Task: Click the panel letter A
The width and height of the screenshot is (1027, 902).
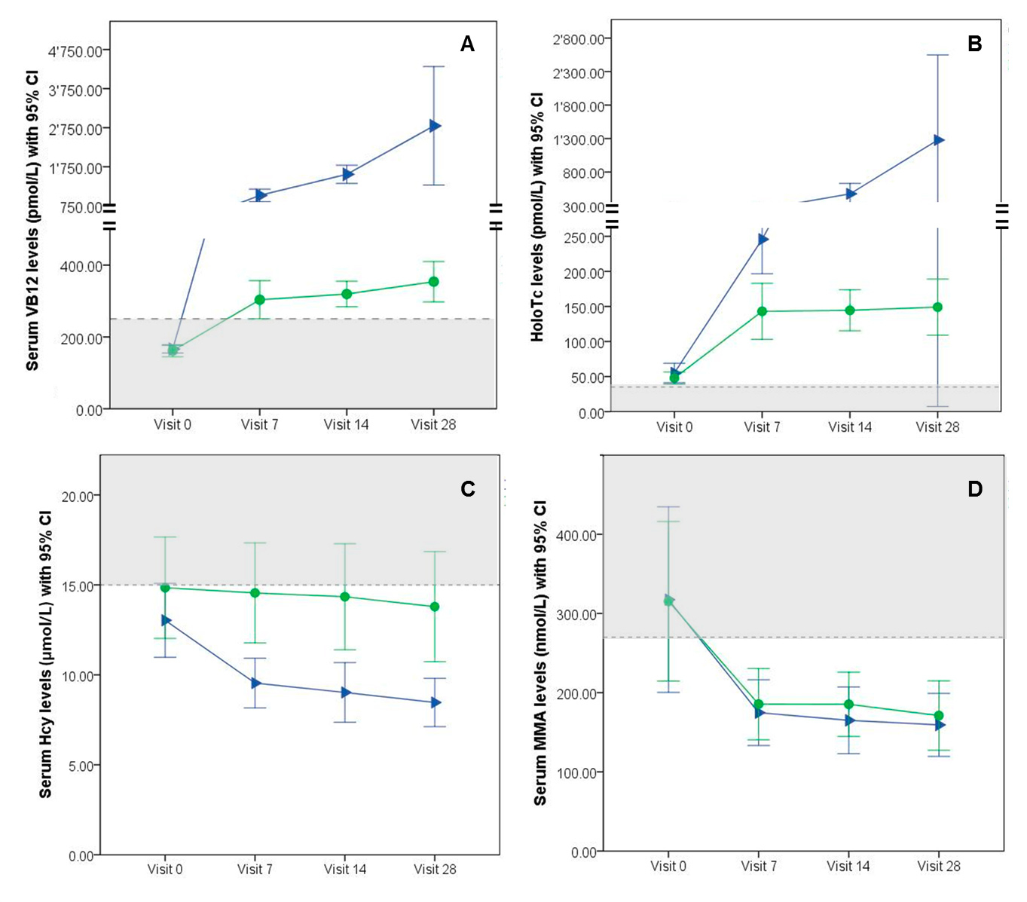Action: (467, 44)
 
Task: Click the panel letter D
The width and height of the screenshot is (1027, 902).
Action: (975, 489)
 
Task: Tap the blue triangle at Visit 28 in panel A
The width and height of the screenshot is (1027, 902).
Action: (435, 126)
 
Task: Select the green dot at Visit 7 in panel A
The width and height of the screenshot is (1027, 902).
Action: (259, 299)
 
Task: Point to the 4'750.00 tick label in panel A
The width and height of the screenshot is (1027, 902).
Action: (75, 51)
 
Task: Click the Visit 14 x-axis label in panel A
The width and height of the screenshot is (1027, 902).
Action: (346, 424)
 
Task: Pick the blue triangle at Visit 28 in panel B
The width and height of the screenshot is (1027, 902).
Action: (938, 140)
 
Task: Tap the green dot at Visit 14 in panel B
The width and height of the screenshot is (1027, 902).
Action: (850, 310)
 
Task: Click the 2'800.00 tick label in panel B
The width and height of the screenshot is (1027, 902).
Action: (579, 39)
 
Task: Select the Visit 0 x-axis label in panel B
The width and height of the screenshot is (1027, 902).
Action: (674, 427)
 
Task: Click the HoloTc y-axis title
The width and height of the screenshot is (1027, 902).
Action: (537, 217)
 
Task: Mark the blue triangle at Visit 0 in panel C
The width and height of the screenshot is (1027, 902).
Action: (166, 620)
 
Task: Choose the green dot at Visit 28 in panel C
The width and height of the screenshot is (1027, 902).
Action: (435, 607)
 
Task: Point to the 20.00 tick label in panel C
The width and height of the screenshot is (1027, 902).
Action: (78, 496)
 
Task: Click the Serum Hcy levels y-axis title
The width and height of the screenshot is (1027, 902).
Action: (45, 654)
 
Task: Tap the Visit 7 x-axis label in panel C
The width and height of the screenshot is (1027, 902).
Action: (255, 869)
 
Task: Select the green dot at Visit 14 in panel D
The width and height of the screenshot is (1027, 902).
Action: (848, 705)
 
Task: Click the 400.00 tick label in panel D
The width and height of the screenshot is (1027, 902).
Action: (577, 535)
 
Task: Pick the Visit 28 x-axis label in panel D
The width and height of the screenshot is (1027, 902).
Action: (938, 866)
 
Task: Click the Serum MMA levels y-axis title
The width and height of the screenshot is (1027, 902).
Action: (540, 653)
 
